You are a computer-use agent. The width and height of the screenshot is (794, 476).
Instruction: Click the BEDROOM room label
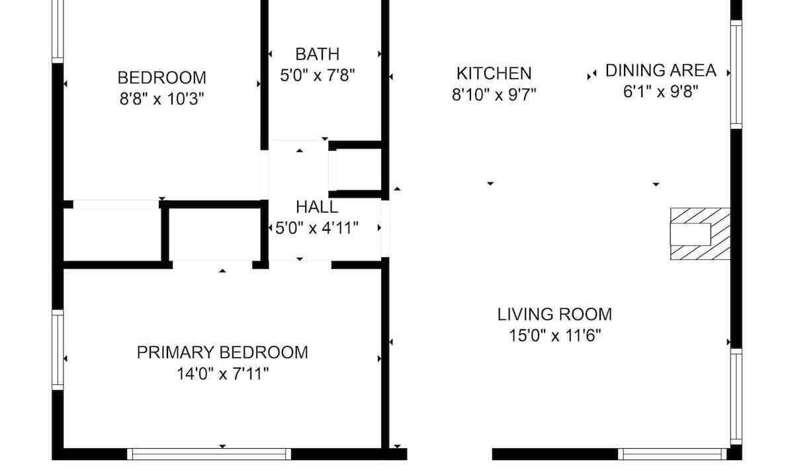click(x=162, y=78)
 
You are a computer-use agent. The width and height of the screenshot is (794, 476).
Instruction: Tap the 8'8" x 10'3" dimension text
click(x=162, y=99)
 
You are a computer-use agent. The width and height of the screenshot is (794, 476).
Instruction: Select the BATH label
click(x=318, y=54)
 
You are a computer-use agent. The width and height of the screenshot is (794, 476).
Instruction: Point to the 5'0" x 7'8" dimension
click(x=318, y=75)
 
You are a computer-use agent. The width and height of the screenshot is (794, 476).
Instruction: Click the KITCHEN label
click(x=494, y=73)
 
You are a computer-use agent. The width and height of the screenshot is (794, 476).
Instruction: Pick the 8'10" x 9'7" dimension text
click(x=494, y=95)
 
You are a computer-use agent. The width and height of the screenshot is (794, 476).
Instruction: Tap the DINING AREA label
click(x=661, y=71)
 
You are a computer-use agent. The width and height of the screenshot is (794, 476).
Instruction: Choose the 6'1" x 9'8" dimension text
click(x=661, y=91)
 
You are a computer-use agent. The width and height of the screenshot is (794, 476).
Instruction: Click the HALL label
click(x=317, y=207)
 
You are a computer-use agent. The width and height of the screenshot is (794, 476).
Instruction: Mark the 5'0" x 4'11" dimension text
click(x=317, y=228)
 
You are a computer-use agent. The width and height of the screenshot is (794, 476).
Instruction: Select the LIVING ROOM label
click(x=554, y=315)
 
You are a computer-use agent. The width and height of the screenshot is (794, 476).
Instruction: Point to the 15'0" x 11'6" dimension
click(x=554, y=335)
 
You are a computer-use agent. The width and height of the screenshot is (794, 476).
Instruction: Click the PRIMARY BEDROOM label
click(x=222, y=353)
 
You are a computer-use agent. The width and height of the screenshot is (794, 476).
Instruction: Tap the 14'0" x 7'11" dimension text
click(x=222, y=374)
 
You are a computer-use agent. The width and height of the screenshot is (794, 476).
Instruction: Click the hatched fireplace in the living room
click(x=700, y=234)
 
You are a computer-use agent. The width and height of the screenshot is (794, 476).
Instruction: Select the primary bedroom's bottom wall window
click(x=209, y=454)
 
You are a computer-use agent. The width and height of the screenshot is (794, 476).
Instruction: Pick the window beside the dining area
click(x=736, y=74)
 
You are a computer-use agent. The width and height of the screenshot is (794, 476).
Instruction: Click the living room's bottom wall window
click(x=672, y=454)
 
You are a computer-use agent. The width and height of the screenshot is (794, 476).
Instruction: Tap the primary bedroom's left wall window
click(x=58, y=350)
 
